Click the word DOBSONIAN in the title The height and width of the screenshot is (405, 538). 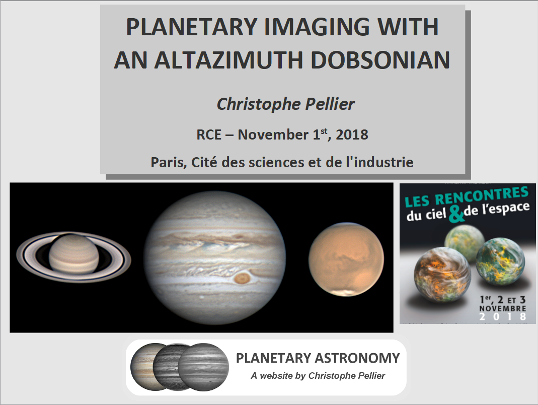(x=380, y=60)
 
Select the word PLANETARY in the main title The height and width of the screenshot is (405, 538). (x=192, y=27)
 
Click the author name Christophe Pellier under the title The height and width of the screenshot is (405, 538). (x=285, y=104)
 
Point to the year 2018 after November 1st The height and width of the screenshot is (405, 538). (x=352, y=134)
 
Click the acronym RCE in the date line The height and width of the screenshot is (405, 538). (x=209, y=134)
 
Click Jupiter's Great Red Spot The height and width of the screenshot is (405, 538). (x=243, y=278)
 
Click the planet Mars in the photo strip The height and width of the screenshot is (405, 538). (x=346, y=260)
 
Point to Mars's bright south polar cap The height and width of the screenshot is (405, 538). (x=347, y=292)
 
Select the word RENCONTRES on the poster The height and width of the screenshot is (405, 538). (x=482, y=195)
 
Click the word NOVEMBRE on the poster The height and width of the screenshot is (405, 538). (x=502, y=308)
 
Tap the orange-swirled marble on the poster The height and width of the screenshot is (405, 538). (x=441, y=275)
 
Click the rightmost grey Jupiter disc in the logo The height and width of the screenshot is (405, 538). (x=203, y=367)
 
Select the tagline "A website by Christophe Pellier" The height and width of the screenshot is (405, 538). (x=318, y=376)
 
